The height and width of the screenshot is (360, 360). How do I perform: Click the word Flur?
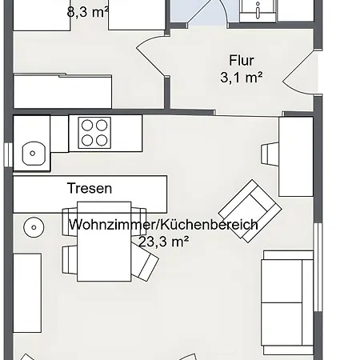242,60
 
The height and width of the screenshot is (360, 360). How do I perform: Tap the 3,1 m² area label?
242,78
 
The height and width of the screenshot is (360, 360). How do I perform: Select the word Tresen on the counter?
90,188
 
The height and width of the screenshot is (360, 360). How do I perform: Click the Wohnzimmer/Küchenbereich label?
163,225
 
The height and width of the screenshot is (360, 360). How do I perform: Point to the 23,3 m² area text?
164,242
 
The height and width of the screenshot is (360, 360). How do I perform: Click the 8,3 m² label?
88,12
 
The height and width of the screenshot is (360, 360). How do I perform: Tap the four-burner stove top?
94,133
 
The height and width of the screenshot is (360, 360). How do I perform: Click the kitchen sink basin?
34,154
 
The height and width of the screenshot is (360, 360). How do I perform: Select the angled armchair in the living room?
250,211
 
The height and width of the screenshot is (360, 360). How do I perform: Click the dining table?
104,242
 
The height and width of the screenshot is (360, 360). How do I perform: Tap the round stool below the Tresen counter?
34,227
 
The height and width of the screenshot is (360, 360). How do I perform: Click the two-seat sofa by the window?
287,302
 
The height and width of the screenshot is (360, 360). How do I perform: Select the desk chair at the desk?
270,154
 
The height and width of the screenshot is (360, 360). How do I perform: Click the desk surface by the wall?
296,157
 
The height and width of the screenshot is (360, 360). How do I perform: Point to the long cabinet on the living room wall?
27,293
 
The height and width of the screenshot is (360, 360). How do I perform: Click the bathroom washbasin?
258,10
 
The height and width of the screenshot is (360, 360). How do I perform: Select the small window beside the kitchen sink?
8,154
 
